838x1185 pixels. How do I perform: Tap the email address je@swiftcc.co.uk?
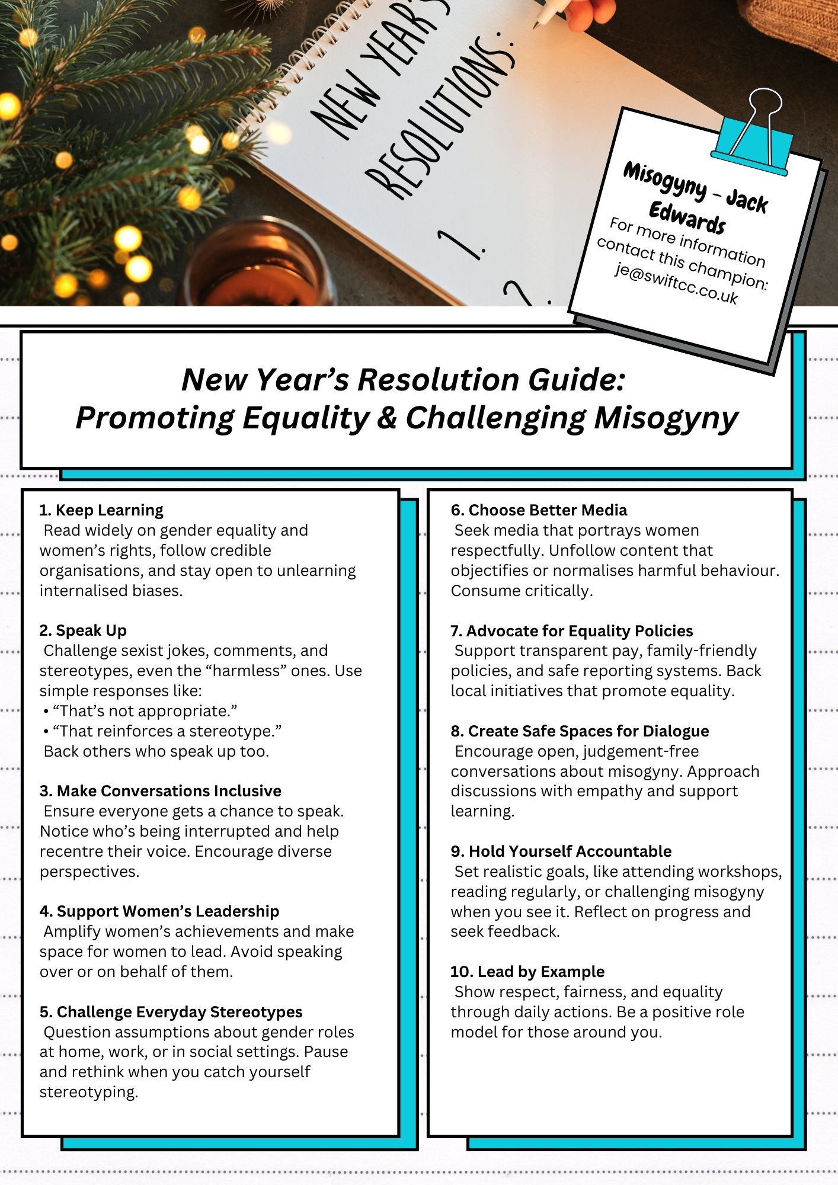pos(676,284)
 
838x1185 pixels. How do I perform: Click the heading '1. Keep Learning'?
pos(101,510)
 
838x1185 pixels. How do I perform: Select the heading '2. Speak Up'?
pos(83,630)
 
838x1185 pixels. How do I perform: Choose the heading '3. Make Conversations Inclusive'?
pos(160,791)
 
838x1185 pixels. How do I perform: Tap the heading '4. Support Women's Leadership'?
pos(159,911)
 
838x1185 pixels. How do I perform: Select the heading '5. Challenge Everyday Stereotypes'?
pos(171,1012)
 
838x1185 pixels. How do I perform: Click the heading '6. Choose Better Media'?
pos(538,510)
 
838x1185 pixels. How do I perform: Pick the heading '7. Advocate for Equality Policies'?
pos(571,630)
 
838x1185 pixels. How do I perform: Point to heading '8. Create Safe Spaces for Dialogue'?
pos(579,731)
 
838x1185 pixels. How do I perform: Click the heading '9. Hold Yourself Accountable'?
pos(561,851)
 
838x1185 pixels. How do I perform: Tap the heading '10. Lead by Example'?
pos(527,972)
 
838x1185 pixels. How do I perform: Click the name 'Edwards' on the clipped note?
pos(687,218)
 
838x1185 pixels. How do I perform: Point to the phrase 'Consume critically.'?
pos(522,591)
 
